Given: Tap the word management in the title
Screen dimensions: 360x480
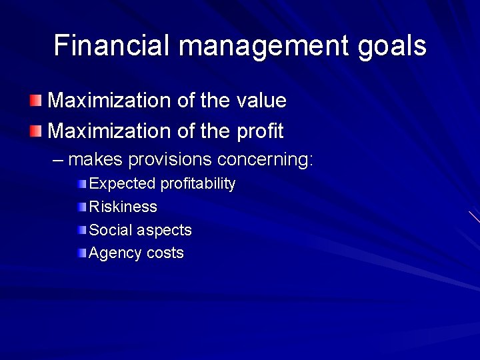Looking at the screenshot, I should pos(264,46).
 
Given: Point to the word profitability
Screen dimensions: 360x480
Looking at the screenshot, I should pos(198,184).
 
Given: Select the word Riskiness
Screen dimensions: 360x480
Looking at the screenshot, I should pos(123,207).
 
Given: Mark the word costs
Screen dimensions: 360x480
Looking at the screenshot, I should pos(166,253).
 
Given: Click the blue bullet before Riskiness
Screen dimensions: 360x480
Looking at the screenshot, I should pos(81,207).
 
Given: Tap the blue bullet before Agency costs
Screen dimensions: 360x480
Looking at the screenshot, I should pos(81,253).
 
